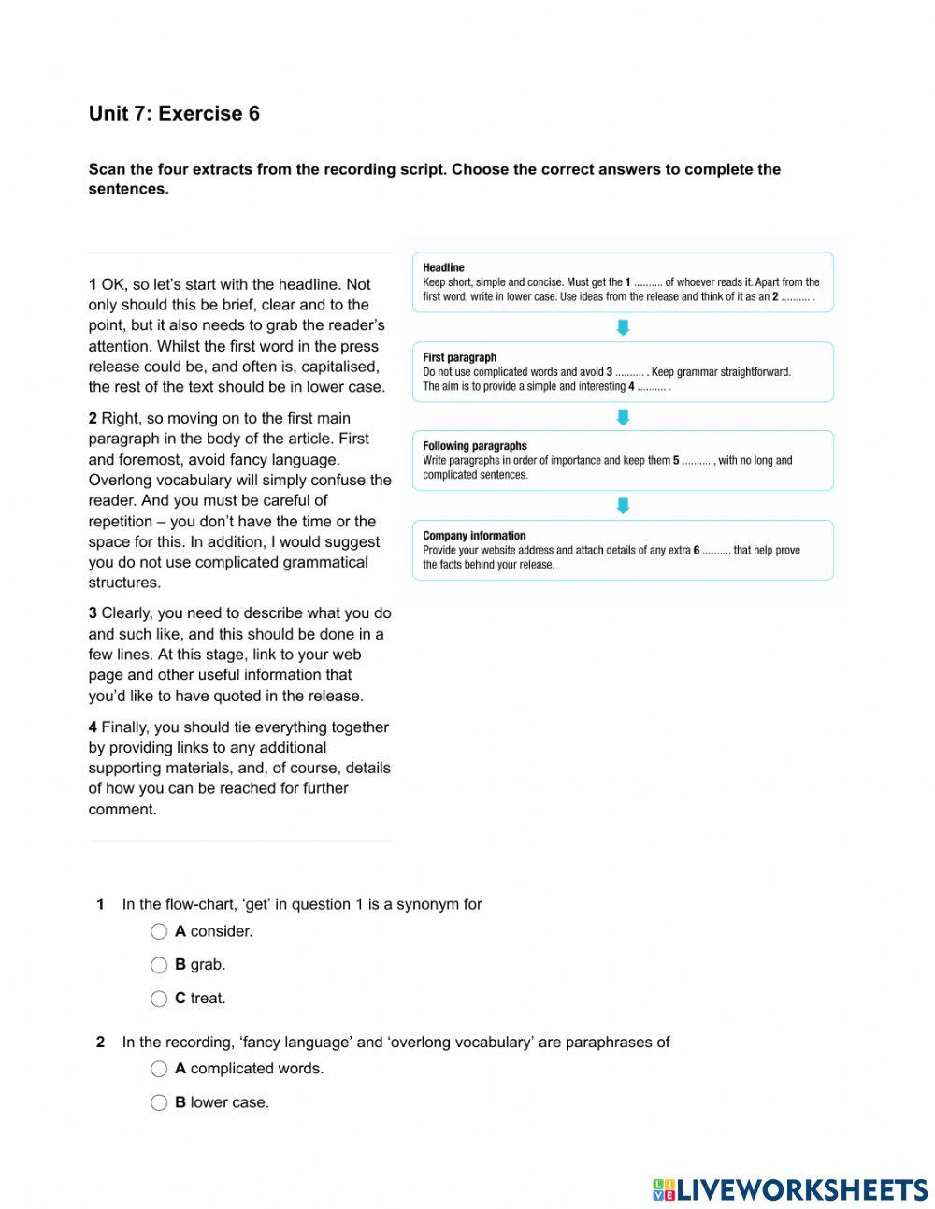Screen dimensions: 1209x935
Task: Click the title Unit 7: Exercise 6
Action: click(174, 114)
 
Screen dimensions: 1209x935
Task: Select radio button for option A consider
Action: click(159, 931)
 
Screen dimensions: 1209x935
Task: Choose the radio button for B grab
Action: click(159, 965)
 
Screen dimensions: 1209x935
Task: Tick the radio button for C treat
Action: click(159, 999)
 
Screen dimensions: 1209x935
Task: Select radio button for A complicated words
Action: click(159, 1069)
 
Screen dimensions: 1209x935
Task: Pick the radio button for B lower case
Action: click(159, 1102)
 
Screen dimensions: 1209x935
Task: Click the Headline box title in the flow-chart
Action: click(443, 267)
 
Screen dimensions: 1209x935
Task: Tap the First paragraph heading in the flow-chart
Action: click(459, 357)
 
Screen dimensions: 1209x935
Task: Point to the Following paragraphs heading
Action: click(474, 446)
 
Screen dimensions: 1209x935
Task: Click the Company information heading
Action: click(474, 536)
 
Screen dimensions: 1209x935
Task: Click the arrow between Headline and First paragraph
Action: click(623, 327)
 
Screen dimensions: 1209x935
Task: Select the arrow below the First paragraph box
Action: click(623, 417)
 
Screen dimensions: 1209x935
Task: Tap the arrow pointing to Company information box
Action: click(623, 506)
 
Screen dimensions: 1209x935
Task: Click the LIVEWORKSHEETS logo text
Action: click(801, 1189)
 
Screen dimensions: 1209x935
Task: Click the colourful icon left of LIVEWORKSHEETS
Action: click(663, 1189)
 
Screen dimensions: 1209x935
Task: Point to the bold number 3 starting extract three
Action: click(93, 613)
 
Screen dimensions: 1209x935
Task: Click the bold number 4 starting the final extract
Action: click(93, 727)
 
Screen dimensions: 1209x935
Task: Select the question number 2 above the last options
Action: click(100, 1042)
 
